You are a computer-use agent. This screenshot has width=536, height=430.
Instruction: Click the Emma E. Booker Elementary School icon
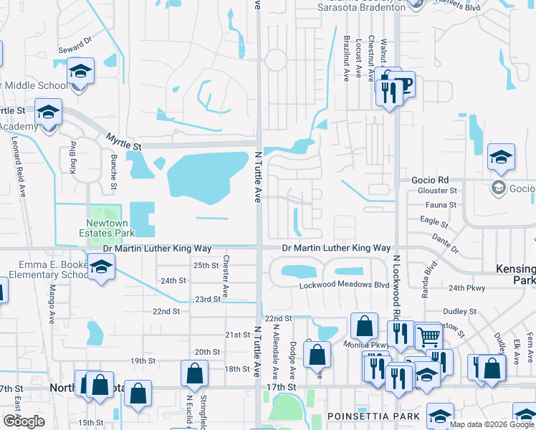click(102, 266)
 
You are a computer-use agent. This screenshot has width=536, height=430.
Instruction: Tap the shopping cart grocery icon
click(428, 335)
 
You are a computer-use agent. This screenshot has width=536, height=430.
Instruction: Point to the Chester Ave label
click(226, 277)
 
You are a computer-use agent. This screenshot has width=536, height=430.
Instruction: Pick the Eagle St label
click(434, 221)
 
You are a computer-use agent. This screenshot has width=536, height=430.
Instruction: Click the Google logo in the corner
click(24, 421)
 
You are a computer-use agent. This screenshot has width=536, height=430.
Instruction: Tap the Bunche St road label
click(113, 173)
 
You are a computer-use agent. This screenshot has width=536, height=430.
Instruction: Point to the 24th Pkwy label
click(466, 288)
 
